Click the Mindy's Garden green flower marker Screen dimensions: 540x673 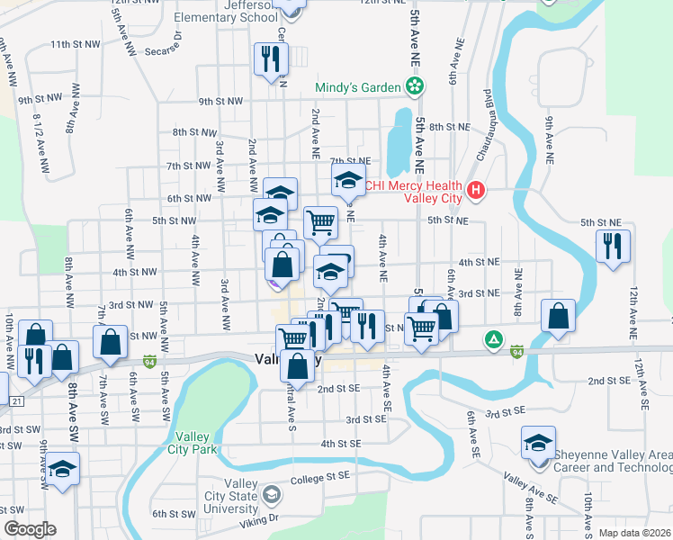click(x=415, y=87)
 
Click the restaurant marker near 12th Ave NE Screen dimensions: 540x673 click(x=613, y=246)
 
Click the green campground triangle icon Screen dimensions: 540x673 click(x=493, y=340)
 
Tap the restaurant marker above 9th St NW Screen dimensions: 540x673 click(x=270, y=59)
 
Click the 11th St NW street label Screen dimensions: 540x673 click(x=74, y=44)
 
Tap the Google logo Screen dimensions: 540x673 click(x=30, y=529)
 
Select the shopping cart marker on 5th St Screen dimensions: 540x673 click(x=321, y=221)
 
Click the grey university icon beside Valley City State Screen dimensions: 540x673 click(x=273, y=494)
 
